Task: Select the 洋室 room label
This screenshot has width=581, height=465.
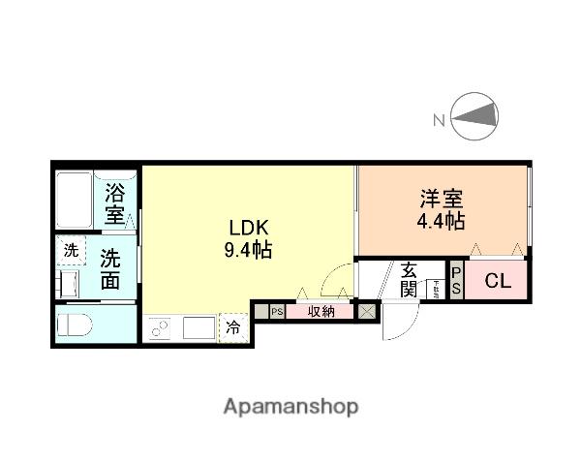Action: tap(442, 200)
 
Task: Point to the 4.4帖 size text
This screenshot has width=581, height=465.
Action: tap(442, 221)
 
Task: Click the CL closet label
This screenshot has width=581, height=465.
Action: tap(498, 282)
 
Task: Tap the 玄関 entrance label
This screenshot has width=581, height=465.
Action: tap(408, 280)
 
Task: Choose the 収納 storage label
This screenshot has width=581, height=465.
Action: tap(321, 311)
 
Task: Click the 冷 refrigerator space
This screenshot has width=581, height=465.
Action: tap(234, 327)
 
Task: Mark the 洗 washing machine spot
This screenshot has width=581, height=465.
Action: tap(70, 250)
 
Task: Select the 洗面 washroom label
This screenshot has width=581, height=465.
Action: tap(110, 270)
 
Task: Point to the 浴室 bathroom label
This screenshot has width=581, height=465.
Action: tap(116, 202)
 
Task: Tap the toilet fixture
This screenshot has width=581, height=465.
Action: tap(74, 325)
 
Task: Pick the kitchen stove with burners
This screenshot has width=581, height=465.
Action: tap(160, 328)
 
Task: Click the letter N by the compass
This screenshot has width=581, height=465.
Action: tap(439, 120)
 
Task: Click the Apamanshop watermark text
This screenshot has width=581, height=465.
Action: tap(290, 405)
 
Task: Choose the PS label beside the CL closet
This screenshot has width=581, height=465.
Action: tap(456, 282)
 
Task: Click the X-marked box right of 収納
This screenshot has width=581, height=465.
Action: tap(367, 311)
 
